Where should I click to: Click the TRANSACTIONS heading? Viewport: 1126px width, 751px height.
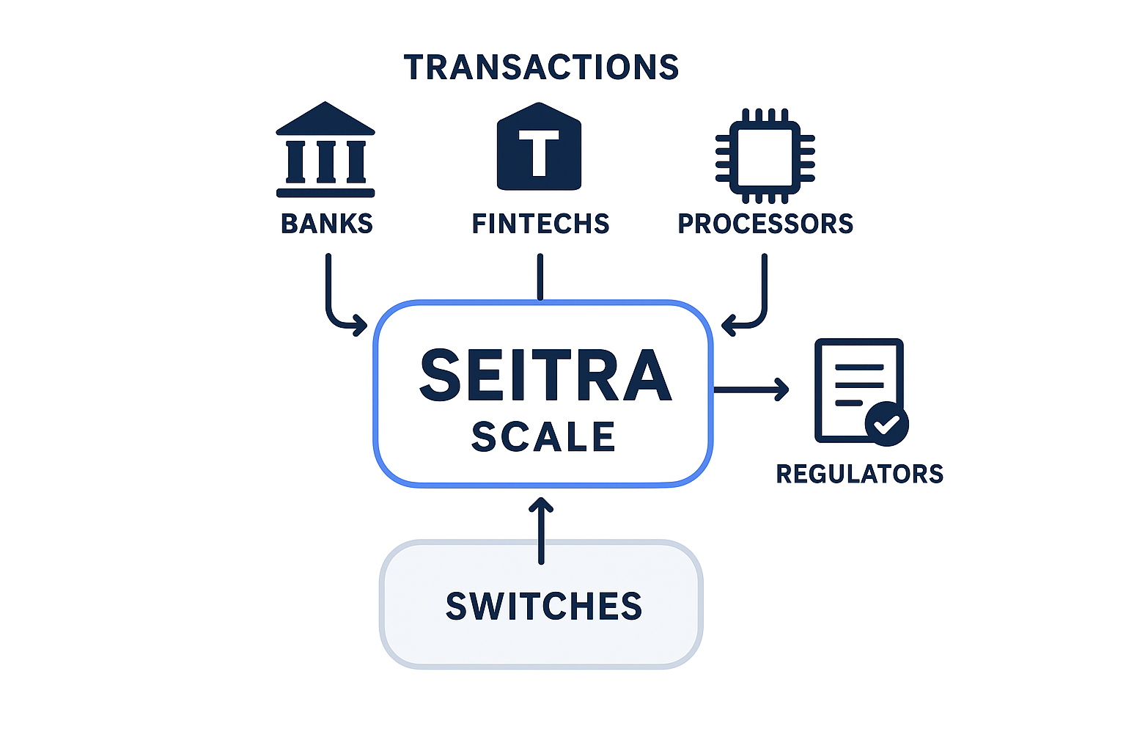pyautogui.click(x=541, y=67)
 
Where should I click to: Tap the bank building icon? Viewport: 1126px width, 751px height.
pyautogui.click(x=325, y=150)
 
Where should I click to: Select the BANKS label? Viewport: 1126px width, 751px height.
pyautogui.click(x=327, y=224)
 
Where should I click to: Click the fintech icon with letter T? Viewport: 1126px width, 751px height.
pyautogui.click(x=539, y=147)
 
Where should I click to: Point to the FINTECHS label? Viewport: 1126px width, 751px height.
pyautogui.click(x=540, y=224)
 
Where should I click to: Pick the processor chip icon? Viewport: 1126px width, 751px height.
pyautogui.click(x=765, y=156)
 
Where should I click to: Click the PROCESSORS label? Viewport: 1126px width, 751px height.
pyautogui.click(x=765, y=224)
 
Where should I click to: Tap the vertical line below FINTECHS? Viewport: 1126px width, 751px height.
pyautogui.click(x=540, y=276)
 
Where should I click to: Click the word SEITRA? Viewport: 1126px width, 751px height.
pyautogui.click(x=545, y=376)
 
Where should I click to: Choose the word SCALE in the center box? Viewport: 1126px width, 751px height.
pyautogui.click(x=543, y=437)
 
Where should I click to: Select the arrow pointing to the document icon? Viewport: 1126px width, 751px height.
pyautogui.click(x=751, y=389)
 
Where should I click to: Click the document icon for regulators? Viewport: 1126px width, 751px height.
pyautogui.click(x=854, y=389)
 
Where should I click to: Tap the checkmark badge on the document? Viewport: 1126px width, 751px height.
pyautogui.click(x=886, y=424)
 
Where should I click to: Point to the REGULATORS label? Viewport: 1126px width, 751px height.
pyautogui.click(x=859, y=474)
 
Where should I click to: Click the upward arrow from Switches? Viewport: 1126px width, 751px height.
pyautogui.click(x=541, y=530)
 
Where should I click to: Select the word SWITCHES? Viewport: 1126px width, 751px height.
pyautogui.click(x=543, y=607)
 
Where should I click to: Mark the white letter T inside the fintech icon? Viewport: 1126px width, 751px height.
pyautogui.click(x=539, y=152)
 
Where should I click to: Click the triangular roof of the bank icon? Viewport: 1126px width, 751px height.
pyautogui.click(x=325, y=120)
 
